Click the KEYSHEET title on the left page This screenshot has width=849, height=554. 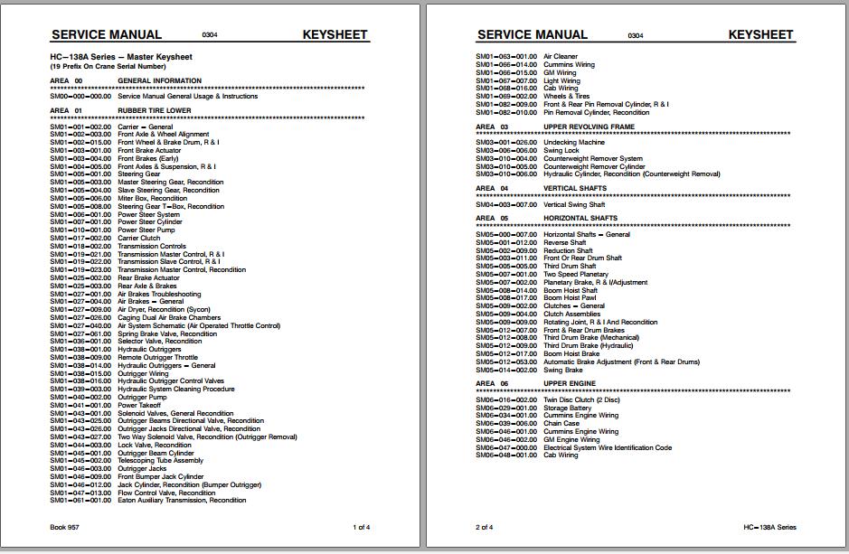335,35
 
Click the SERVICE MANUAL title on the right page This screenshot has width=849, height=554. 533,35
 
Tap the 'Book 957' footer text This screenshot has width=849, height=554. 64,527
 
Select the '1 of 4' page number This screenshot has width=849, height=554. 361,527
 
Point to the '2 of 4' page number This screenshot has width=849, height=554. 485,527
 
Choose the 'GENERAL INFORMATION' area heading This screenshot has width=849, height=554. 159,81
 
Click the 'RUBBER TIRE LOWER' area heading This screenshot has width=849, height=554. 155,110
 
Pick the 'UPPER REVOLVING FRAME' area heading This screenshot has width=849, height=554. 589,127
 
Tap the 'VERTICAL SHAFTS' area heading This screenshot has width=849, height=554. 575,189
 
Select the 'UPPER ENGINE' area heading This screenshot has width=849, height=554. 570,383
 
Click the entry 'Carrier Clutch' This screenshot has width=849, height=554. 138,239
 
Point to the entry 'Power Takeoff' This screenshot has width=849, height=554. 139,406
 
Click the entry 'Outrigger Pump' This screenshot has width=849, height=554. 142,398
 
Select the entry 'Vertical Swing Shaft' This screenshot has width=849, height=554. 580,205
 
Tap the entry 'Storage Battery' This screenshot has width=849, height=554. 568,408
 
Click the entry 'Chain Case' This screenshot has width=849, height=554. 561,424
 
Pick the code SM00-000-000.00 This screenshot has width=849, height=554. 80,96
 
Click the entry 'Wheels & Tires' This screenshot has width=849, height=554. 566,97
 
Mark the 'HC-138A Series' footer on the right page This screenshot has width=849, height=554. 770,527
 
